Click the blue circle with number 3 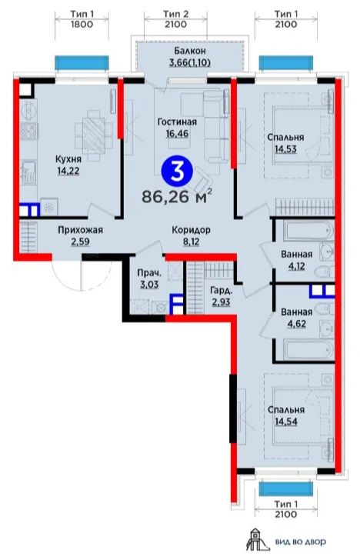[x=178, y=172]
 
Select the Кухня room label [x=68, y=159]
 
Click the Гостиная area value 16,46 [x=178, y=134]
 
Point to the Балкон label [x=190, y=51]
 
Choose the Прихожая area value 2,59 [x=80, y=242]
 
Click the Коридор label [x=191, y=230]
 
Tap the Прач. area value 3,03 [x=150, y=285]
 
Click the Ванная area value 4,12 [x=296, y=266]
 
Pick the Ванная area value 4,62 [x=296, y=325]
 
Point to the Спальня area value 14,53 [x=285, y=149]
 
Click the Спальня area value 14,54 [x=286, y=422]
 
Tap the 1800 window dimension [x=82, y=25]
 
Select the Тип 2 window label [x=175, y=15]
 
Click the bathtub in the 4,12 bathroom [x=309, y=231]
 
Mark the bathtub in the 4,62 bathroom [x=309, y=350]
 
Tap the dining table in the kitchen [x=94, y=136]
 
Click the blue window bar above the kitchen [x=82, y=63]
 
